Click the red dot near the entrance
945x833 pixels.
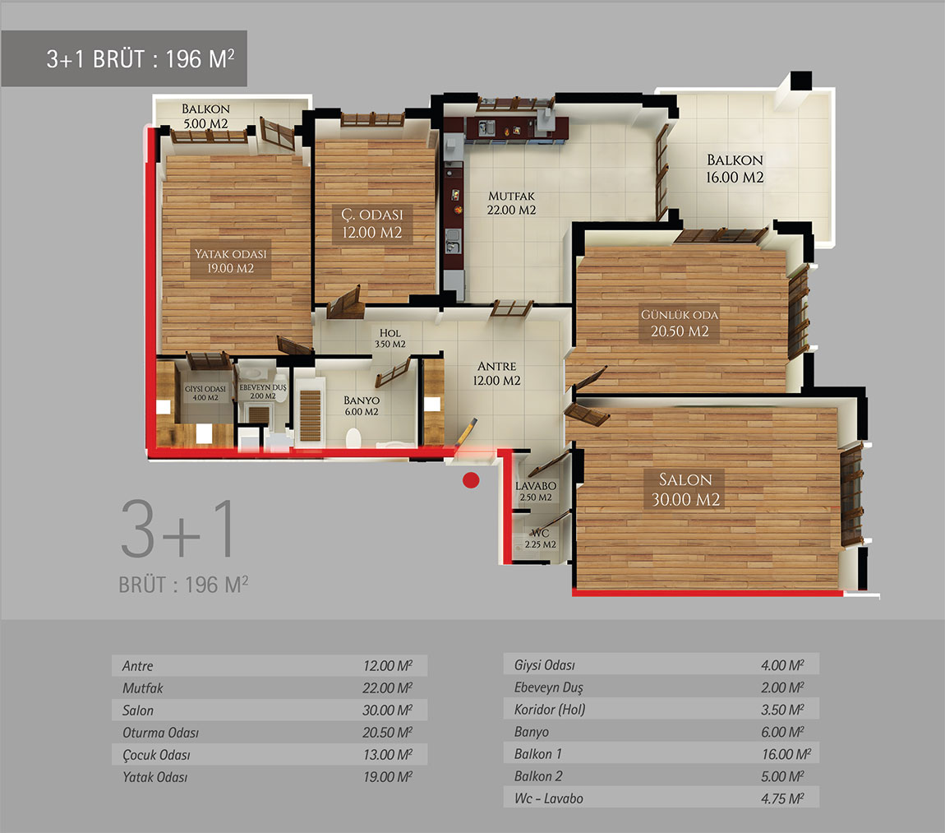pyautogui.click(x=471, y=480)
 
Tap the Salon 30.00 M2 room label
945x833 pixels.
pyautogui.click(x=685, y=489)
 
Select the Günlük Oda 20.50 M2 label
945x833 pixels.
pyautogui.click(x=680, y=322)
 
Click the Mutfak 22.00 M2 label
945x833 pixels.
pyautogui.click(x=512, y=203)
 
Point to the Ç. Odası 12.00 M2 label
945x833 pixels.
pyautogui.click(x=372, y=224)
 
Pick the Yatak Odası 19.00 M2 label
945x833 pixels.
pyautogui.click(x=230, y=261)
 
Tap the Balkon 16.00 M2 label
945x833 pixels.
pyautogui.click(x=735, y=169)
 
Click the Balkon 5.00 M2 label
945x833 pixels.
pyautogui.click(x=205, y=116)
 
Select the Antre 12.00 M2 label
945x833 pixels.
pyautogui.click(x=496, y=373)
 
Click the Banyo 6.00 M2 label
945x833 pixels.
pyautogui.click(x=362, y=405)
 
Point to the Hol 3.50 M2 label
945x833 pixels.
pyautogui.click(x=390, y=338)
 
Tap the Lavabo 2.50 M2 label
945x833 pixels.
pyautogui.click(x=536, y=491)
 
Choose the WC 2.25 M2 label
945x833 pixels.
pyautogui.click(x=540, y=539)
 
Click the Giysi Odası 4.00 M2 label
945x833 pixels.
pyautogui.click(x=205, y=393)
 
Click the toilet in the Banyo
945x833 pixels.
pyautogui.click(x=353, y=438)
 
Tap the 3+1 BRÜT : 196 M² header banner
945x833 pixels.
pyautogui.click(x=124, y=58)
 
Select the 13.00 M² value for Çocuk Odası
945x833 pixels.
pyautogui.click(x=388, y=755)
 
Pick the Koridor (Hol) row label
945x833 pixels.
pyautogui.click(x=550, y=710)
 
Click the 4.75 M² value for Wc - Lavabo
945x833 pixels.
pyautogui.click(x=782, y=798)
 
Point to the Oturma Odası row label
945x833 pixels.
pyautogui.click(x=160, y=733)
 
